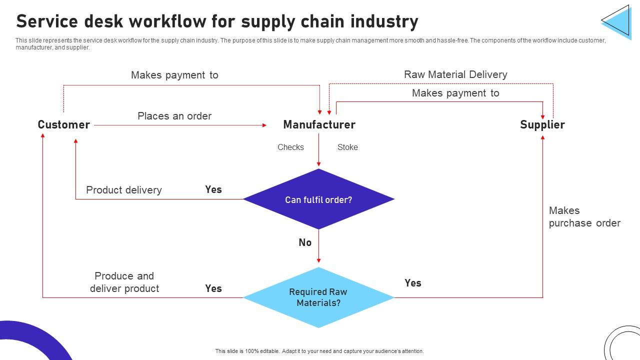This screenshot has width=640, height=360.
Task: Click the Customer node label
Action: [63, 124]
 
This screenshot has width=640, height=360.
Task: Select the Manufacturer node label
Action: [319, 124]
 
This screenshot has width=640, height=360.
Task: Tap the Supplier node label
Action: [542, 124]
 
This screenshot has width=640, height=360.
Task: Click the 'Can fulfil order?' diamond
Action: [318, 199]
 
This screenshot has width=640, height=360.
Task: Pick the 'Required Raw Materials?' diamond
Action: [318, 297]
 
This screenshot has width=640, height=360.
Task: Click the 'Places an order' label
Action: [174, 116]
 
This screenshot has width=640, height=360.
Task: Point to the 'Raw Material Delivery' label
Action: [455, 74]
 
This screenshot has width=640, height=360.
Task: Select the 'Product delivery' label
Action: [123, 190]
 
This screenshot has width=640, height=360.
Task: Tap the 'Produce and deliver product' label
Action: [124, 282]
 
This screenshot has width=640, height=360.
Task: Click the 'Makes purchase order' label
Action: [584, 216]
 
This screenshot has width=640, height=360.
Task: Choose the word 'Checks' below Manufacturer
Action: [290, 147]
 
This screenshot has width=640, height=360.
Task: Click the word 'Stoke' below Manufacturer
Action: [347, 147]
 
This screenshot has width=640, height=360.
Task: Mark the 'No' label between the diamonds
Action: [305, 242]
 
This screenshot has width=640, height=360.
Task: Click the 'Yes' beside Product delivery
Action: [213, 189]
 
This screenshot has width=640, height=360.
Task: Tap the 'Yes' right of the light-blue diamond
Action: [413, 283]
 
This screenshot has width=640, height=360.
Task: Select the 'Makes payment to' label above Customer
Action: [174, 75]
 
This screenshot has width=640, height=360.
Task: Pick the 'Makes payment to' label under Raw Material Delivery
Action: [455, 93]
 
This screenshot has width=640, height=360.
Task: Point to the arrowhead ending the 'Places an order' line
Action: [264, 125]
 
